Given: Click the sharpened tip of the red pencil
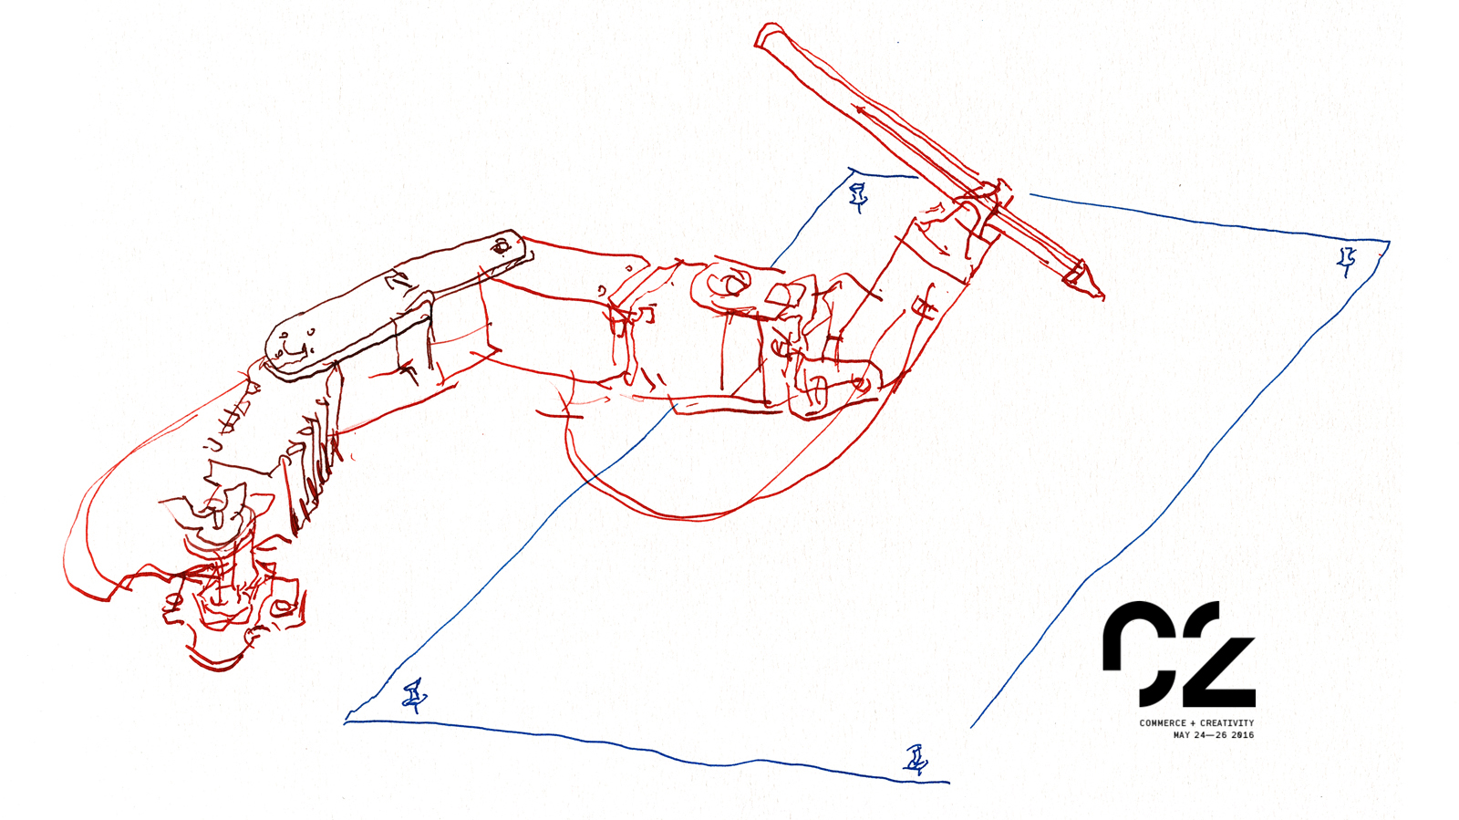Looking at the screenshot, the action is point(1102,297).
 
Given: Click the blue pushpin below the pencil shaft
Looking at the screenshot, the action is point(858,197).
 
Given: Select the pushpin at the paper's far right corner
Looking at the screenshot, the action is point(1346,261).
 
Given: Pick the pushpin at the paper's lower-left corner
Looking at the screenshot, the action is point(414,696).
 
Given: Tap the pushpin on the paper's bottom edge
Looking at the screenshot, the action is point(916,760).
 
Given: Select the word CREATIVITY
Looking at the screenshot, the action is point(1227,723).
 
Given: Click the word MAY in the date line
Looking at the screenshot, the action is point(1182,735).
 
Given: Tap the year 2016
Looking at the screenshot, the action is point(1242,735).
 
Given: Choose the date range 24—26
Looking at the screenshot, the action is point(1210,735).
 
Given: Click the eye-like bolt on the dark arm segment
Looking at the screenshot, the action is point(501,247).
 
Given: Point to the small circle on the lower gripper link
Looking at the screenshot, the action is point(862,384).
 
